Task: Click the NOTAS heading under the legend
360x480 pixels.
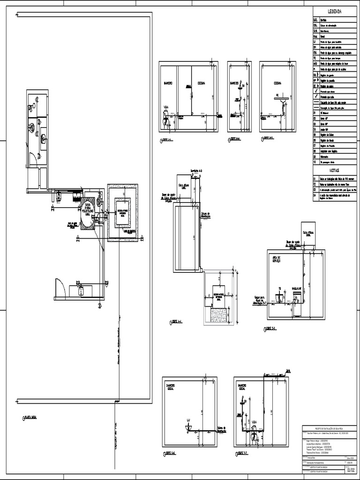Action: (x=334, y=171)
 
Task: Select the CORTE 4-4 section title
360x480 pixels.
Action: (x=177, y=322)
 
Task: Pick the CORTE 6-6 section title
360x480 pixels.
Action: (x=171, y=453)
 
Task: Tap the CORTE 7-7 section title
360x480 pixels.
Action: (x=242, y=453)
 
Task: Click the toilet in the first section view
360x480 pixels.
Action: (x=165, y=120)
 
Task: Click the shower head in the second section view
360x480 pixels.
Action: (x=240, y=87)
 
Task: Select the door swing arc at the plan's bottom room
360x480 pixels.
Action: (x=60, y=286)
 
